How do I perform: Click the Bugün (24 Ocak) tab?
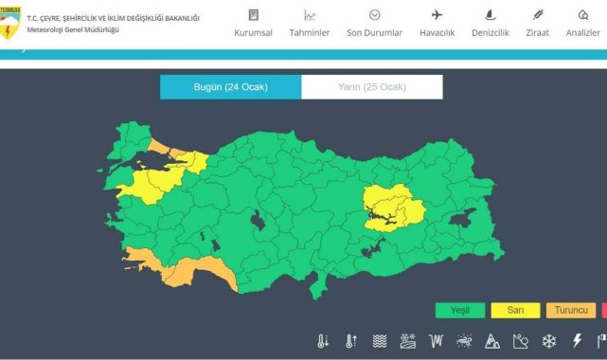click(x=230, y=87)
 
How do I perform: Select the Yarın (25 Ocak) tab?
click(x=371, y=87)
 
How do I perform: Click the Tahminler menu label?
click(x=309, y=32)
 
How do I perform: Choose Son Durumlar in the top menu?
click(x=374, y=32)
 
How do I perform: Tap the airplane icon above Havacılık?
click(x=437, y=14)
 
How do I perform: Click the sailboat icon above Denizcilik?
click(x=491, y=14)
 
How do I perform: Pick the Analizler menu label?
click(x=583, y=32)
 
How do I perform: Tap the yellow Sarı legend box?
click(x=515, y=310)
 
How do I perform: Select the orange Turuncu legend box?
click(x=571, y=310)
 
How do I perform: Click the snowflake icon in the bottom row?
click(x=549, y=341)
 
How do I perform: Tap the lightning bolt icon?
click(x=577, y=341)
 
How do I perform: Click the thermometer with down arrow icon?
click(x=323, y=341)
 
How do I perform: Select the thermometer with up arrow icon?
click(x=351, y=341)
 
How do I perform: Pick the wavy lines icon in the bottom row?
click(x=380, y=341)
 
